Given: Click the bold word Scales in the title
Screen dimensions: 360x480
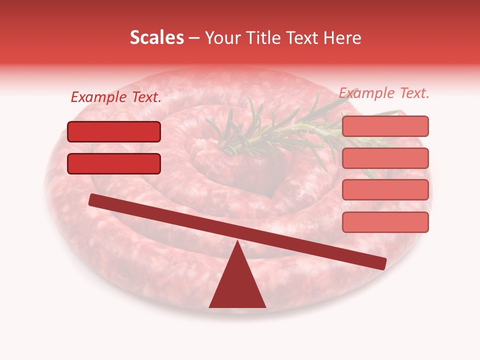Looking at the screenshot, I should click(156, 38).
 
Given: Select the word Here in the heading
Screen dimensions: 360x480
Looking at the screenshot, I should click(342, 38).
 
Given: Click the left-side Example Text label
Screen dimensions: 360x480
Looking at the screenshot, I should click(116, 97).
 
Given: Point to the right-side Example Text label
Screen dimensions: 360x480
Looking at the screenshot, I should click(384, 93).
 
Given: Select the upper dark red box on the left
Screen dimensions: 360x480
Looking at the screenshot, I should click(114, 131).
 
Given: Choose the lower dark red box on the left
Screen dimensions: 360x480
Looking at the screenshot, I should click(114, 163).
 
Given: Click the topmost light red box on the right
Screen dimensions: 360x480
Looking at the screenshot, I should click(385, 126).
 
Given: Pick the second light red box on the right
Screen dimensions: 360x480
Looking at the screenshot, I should click(385, 158).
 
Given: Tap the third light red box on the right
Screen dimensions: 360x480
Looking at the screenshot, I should click(385, 190).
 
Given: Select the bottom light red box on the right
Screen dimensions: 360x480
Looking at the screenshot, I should click(385, 222).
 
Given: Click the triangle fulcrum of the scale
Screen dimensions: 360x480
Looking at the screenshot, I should click(237, 285).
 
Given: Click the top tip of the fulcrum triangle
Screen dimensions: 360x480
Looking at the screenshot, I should click(237, 243).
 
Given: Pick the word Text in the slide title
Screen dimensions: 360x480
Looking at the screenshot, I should click(304, 38).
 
